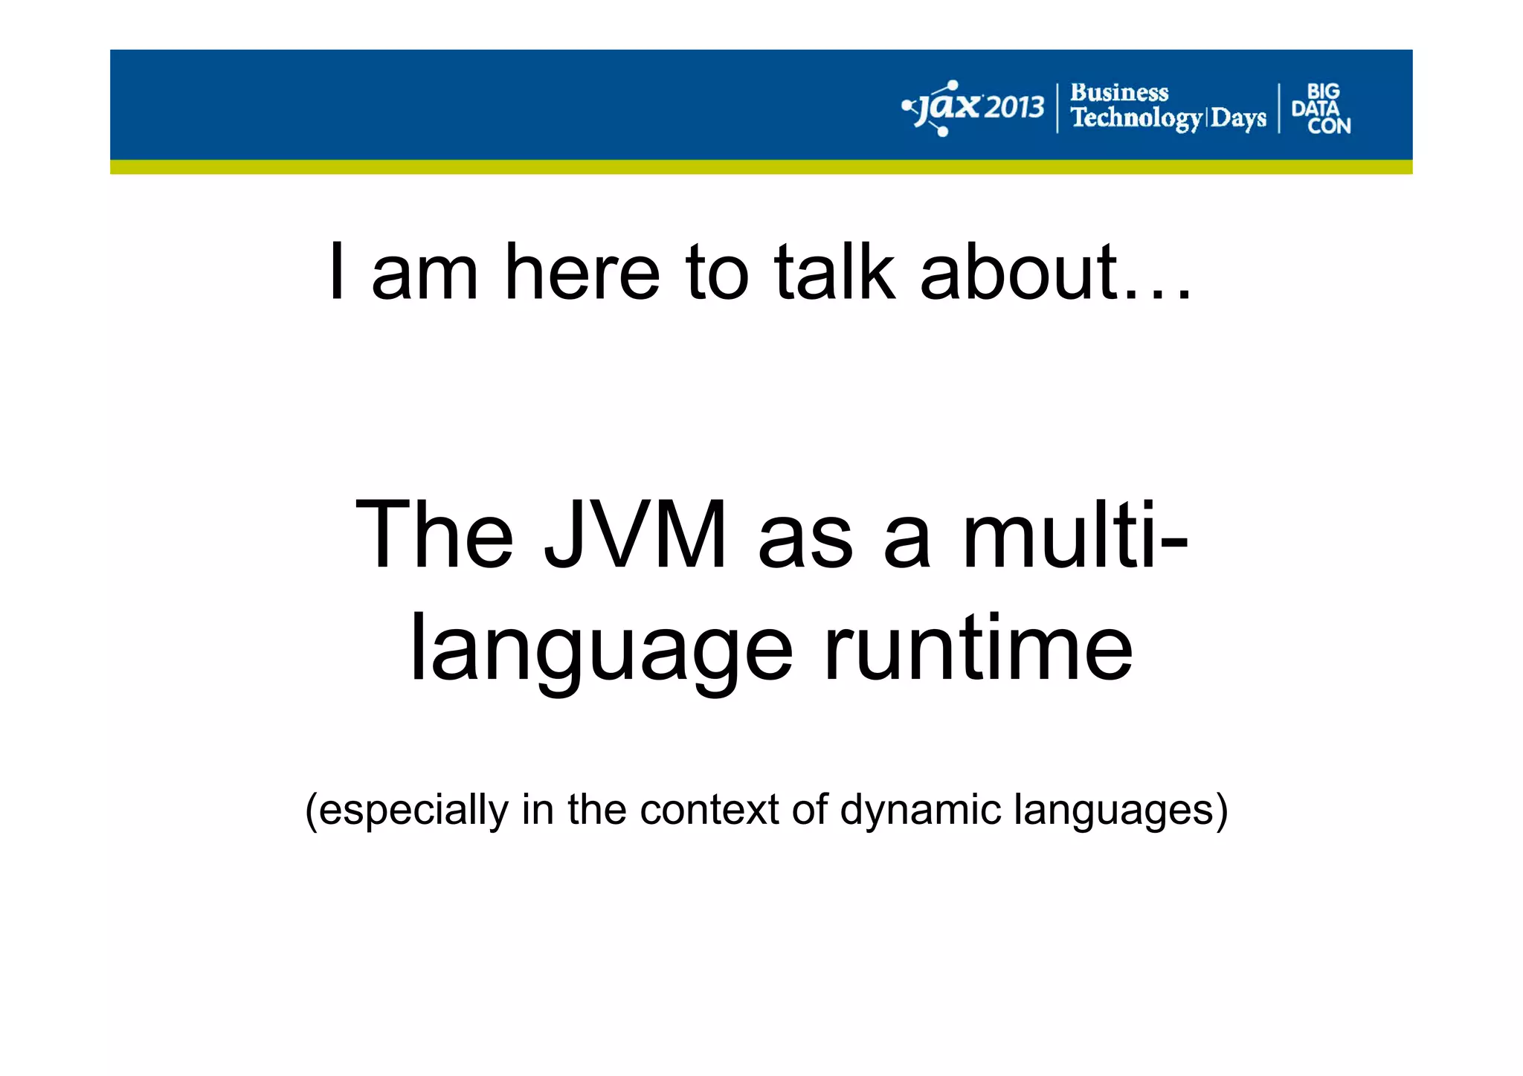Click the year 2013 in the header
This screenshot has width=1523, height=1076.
pos(1014,109)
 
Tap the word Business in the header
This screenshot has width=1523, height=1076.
pos(1119,93)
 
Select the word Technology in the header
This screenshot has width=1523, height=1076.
pos(1136,118)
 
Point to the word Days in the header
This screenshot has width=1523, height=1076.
pos(1238,118)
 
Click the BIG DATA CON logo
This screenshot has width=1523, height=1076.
pos(1321,109)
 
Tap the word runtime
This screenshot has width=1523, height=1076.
pos(978,648)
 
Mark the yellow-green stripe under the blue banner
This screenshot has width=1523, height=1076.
pos(761,167)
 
